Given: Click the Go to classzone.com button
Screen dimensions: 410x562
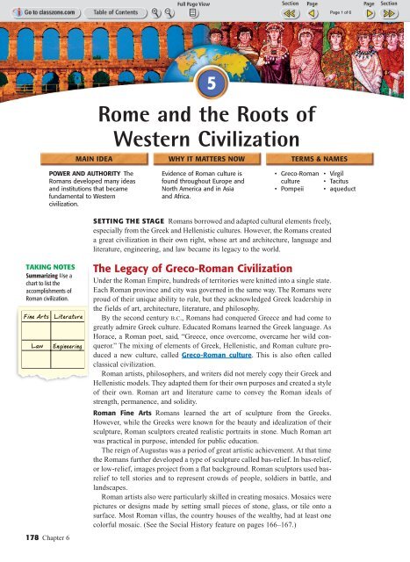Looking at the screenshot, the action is (x=36, y=14).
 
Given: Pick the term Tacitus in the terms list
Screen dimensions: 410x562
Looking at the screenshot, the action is (x=342, y=181).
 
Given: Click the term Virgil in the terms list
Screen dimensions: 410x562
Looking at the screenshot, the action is (x=341, y=172).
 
